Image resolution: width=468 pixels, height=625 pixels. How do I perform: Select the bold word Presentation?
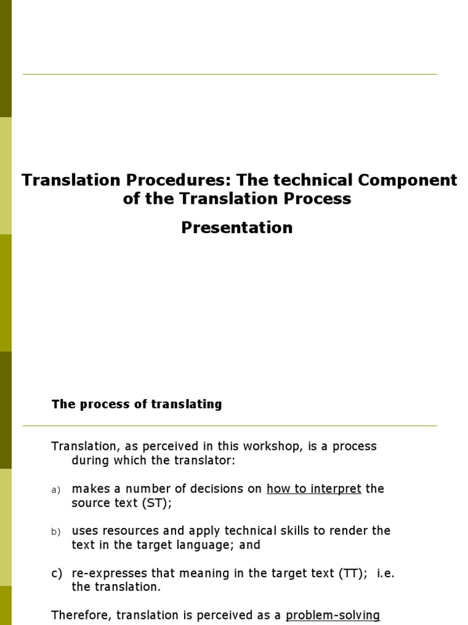tap(237, 228)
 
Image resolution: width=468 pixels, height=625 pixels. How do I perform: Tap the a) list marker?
tap(56, 490)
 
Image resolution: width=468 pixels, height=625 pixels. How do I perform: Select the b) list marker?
tap(56, 532)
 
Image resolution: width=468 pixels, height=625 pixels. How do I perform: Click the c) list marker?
tap(57, 573)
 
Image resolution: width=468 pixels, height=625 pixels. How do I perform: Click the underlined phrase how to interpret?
tap(314, 489)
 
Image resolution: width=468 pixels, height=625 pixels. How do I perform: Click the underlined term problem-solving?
tap(333, 615)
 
